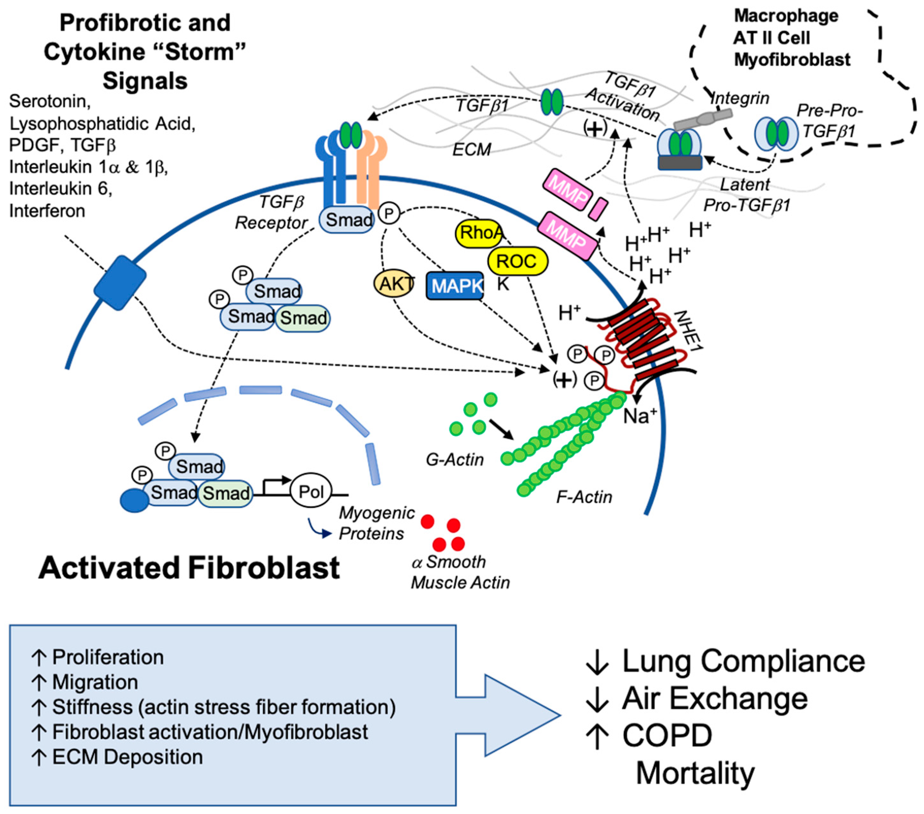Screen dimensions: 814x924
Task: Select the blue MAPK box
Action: pos(455,286)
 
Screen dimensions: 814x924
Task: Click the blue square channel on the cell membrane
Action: pos(120,283)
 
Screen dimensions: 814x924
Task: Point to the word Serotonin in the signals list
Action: pos(49,101)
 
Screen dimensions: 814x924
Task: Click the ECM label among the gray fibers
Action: pos(471,149)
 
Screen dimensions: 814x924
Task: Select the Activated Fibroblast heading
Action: pos(189,568)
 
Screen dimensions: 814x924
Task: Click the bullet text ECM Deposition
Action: pos(128,757)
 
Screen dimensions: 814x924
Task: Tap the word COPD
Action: pos(667,736)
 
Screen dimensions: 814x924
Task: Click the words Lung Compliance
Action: pos(743,661)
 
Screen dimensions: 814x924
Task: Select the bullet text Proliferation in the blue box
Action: pos(108,657)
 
